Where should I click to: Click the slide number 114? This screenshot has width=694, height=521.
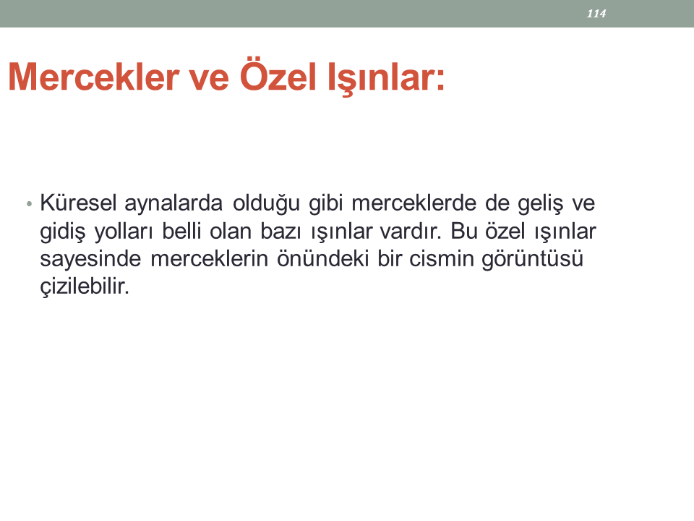pyautogui.click(x=596, y=14)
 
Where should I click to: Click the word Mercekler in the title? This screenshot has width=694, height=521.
pyautogui.click(x=94, y=77)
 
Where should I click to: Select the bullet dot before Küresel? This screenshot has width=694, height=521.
pyautogui.click(x=29, y=204)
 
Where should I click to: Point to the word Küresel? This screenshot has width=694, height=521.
pyautogui.click(x=78, y=203)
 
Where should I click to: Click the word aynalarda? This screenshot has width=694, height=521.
pyautogui.click(x=173, y=204)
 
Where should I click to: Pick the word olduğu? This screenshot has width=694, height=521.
pyautogui.click(x=267, y=204)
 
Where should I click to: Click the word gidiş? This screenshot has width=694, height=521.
pyautogui.click(x=62, y=232)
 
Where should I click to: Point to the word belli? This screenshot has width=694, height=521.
pyautogui.click(x=181, y=231)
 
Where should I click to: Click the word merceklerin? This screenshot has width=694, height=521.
pyautogui.click(x=210, y=259)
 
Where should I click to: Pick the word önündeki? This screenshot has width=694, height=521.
pyautogui.click(x=323, y=259)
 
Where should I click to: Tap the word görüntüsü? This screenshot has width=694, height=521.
pyautogui.click(x=533, y=260)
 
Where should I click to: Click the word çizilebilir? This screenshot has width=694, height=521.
pyautogui.click(x=85, y=287)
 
